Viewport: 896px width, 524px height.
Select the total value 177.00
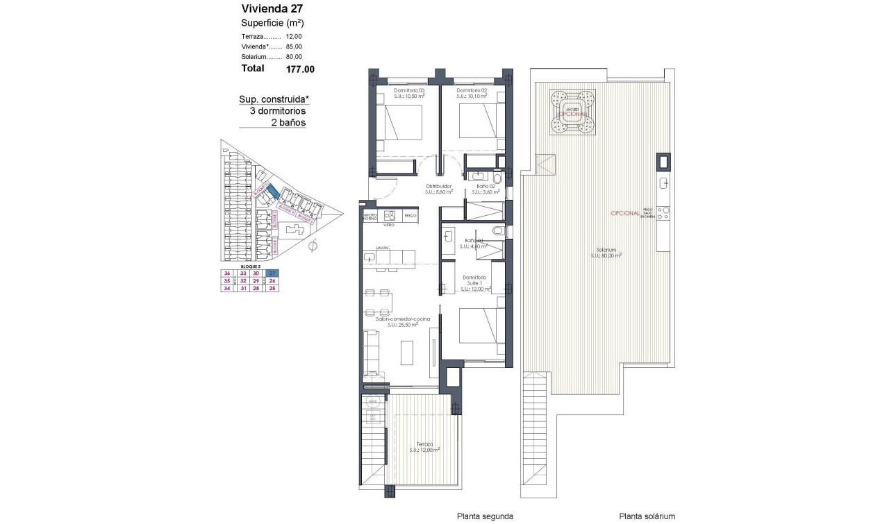[x=300, y=69]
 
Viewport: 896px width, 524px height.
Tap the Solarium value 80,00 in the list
[x=295, y=57]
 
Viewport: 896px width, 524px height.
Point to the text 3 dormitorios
[x=277, y=111]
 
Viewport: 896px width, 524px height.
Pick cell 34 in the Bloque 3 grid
[x=227, y=289]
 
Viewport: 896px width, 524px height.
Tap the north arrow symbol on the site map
[x=313, y=245]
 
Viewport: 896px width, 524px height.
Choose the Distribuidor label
[x=439, y=186]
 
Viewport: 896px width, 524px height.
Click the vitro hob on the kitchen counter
[x=390, y=216]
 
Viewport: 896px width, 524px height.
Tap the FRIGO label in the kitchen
[x=409, y=217]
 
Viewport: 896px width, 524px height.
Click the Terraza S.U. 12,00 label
[x=425, y=447]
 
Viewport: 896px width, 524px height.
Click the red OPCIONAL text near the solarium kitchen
[x=624, y=214]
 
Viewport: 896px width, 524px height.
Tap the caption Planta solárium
[x=647, y=516]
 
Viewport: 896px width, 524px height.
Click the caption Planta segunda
[x=485, y=516]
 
